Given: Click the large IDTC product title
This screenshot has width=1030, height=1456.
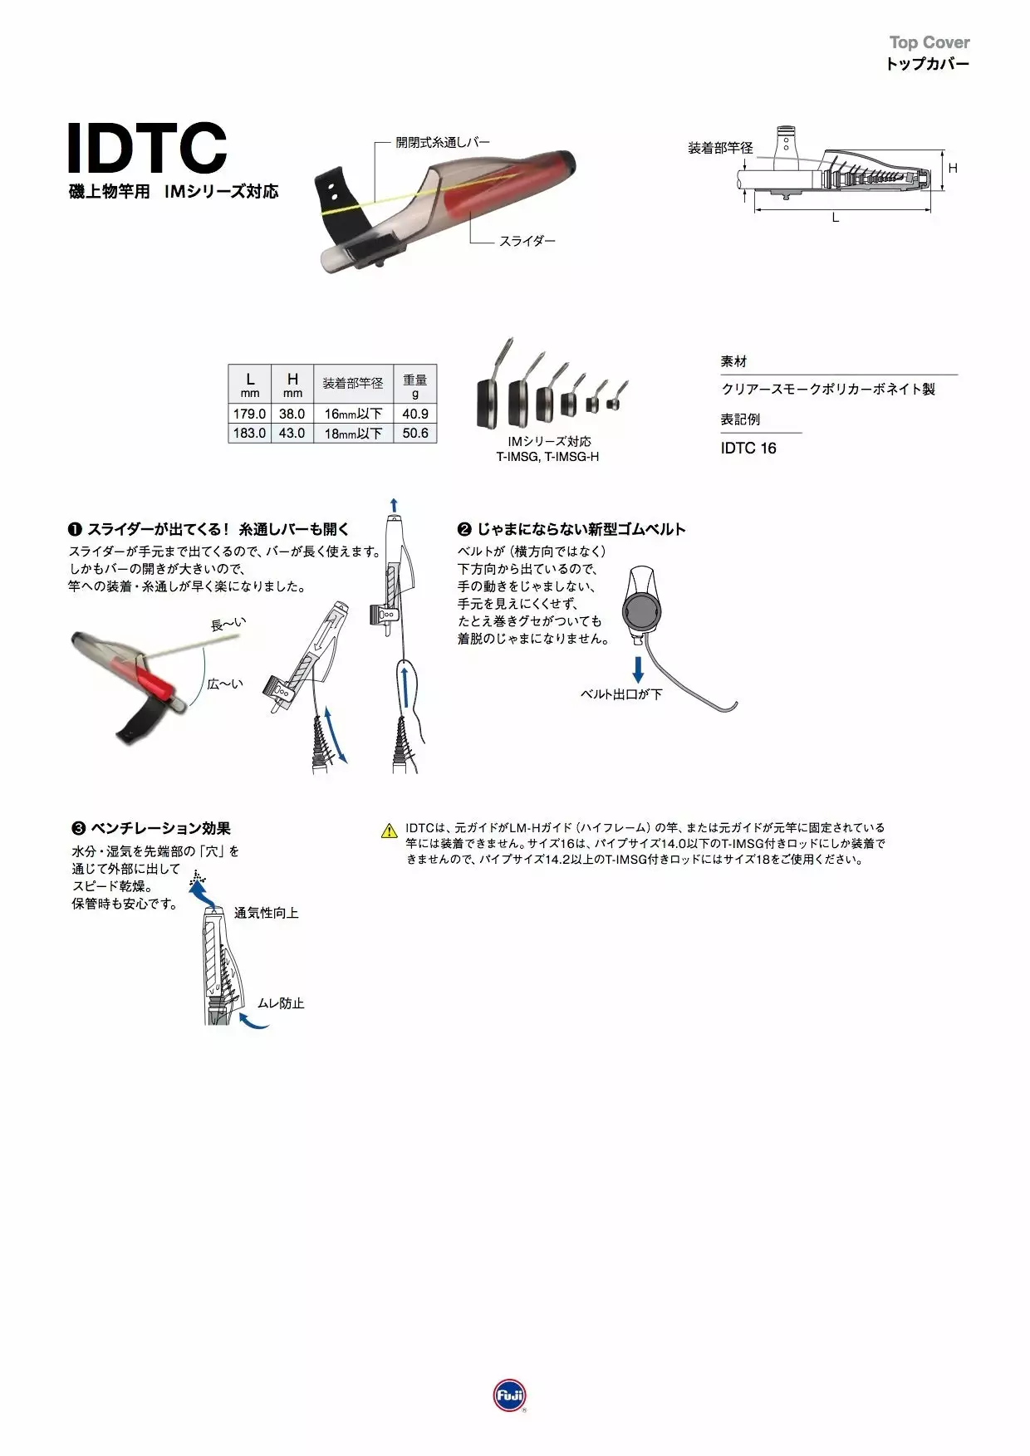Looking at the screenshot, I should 146,149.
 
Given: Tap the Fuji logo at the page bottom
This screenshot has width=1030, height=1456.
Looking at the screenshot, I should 509,1395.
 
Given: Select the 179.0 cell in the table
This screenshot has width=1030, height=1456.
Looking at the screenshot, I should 249,414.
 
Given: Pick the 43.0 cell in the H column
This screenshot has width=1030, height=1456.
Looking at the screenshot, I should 292,433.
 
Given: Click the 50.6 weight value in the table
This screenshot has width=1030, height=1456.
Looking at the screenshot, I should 415,433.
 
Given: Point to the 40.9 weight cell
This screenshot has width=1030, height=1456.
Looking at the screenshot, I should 415,414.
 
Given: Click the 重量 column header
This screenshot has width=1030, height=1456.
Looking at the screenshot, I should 415,385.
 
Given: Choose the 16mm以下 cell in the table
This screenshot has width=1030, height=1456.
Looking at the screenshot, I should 353,414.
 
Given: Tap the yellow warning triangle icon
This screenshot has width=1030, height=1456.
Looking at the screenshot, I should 389,830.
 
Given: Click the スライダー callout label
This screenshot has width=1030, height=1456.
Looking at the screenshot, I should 527,241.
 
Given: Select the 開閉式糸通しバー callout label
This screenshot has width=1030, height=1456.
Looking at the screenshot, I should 443,142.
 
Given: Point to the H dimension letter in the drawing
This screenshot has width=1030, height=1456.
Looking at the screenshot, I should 953,169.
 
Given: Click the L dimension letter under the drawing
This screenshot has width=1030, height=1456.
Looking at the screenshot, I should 836,218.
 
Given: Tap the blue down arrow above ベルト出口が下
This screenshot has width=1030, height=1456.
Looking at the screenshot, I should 638,669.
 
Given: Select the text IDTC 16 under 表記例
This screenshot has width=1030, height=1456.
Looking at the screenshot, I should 748,449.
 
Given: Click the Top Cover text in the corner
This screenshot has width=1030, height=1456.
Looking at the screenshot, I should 929,42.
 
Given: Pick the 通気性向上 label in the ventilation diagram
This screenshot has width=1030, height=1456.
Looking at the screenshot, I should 266,913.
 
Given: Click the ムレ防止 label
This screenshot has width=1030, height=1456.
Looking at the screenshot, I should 281,1003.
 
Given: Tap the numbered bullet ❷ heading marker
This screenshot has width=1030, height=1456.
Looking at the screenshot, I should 464,529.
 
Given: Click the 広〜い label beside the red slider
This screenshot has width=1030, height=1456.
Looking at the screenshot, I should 225,684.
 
